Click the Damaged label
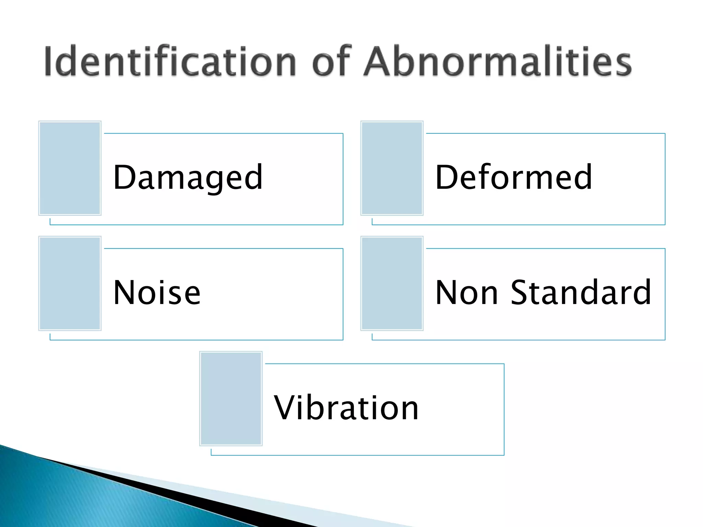pyautogui.click(x=188, y=178)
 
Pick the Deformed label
pyautogui.click(x=514, y=178)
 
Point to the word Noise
pyautogui.click(x=157, y=293)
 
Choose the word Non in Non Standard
pyautogui.click(x=466, y=293)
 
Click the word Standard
pyautogui.click(x=581, y=293)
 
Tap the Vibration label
pyautogui.click(x=346, y=408)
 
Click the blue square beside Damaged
pyautogui.click(x=70, y=168)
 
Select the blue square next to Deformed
pyautogui.click(x=392, y=168)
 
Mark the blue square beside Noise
pyautogui.click(x=70, y=283)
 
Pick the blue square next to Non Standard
pyautogui.click(x=392, y=283)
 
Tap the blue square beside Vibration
pyautogui.click(x=231, y=398)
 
